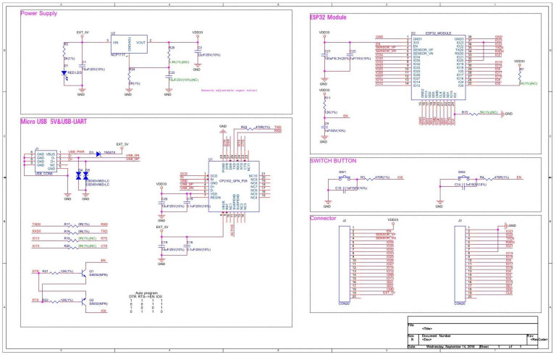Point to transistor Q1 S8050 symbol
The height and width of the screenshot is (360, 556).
[80, 274]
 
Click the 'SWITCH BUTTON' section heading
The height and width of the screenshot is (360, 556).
[334, 160]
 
